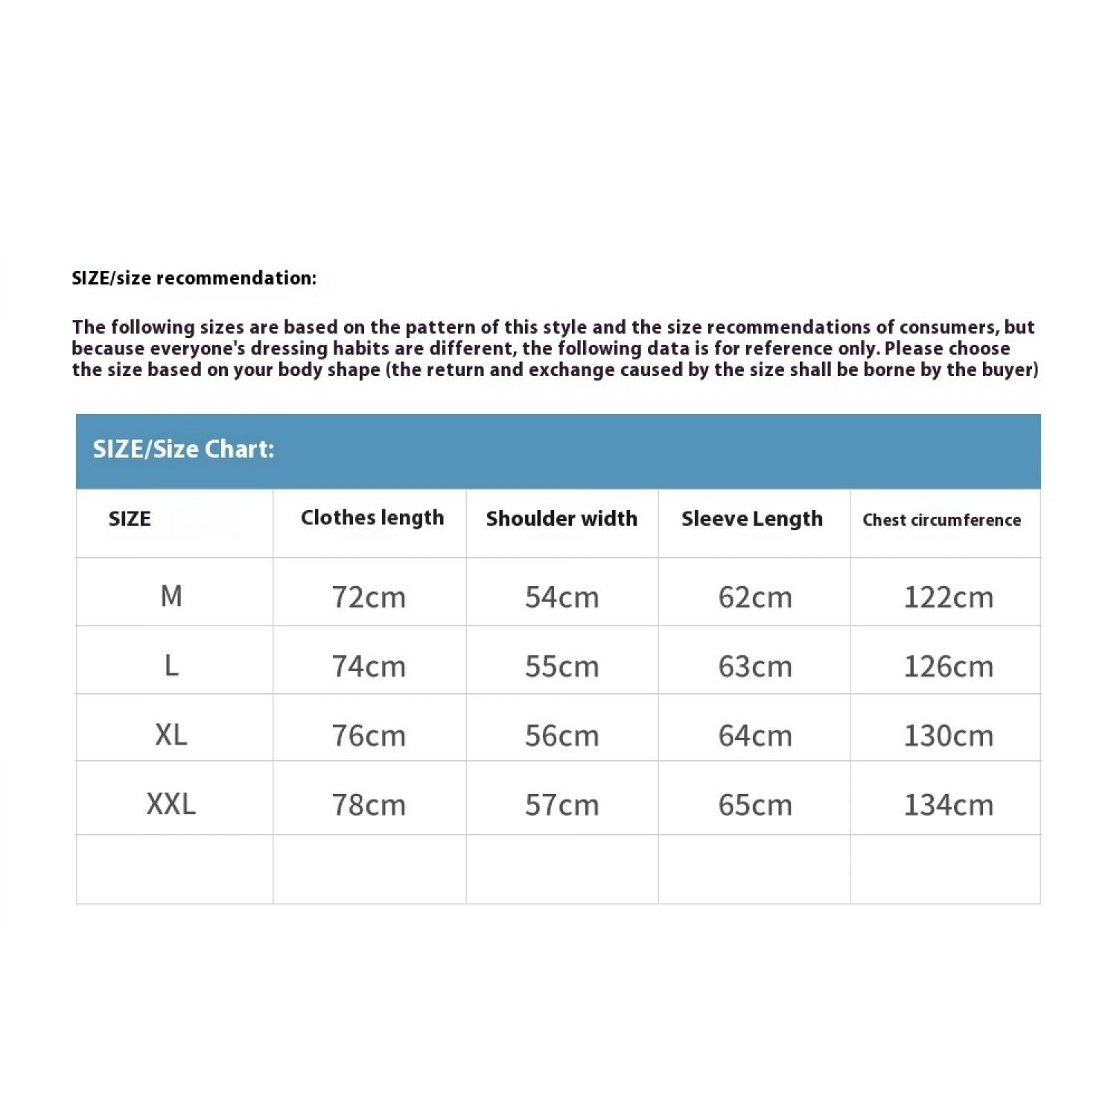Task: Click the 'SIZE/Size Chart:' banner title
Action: pos(183,449)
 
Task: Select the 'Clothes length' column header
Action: pos(372,518)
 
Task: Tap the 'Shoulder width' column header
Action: pos(561,519)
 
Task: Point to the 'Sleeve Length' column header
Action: pos(752,519)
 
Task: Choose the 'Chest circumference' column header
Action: pos(941,520)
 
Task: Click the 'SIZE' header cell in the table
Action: pos(130,519)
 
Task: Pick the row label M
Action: pos(171,596)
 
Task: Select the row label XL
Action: pos(171,735)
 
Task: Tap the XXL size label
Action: pos(171,804)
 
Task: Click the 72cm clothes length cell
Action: pos(369,597)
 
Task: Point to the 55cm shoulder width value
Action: pos(561,666)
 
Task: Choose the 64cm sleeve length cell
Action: pos(755,736)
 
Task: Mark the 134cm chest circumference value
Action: pos(948,805)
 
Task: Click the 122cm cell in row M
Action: pos(948,597)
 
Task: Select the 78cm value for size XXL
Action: pos(369,805)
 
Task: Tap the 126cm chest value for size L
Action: pos(948,666)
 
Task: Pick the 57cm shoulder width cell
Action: pos(561,805)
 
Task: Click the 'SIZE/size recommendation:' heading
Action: pos(194,279)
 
